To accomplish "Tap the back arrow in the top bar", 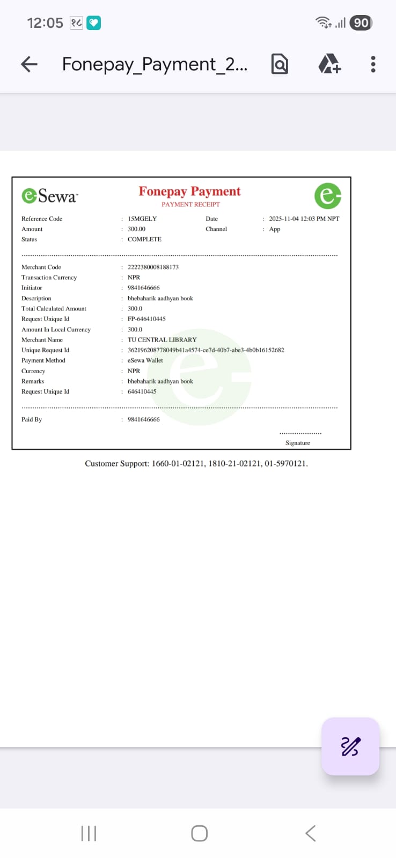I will pos(29,64).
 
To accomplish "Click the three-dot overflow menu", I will pos(373,64).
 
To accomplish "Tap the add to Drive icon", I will pos(329,64).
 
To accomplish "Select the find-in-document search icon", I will pos(280,64).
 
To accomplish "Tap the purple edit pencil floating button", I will pos(350,746).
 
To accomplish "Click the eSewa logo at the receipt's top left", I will pos(49,196).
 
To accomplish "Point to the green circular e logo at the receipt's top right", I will pos(327,196).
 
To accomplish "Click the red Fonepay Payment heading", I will pos(189,191).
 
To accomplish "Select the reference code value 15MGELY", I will pos(142,219).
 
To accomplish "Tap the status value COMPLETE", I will pos(144,239).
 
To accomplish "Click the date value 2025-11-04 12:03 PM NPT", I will pos(304,219).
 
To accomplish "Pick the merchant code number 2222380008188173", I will pos(153,267).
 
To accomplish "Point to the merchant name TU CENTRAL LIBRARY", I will pos(162,339).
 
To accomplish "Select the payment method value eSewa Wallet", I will pos(145,360).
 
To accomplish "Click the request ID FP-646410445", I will pos(146,319).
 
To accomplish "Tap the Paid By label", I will pos(32,419).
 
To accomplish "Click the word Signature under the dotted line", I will pos(298,443).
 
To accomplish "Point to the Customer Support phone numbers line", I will pos(196,463).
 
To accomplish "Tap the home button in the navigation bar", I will pos(199,833).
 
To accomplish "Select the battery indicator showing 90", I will pos(361,23).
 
